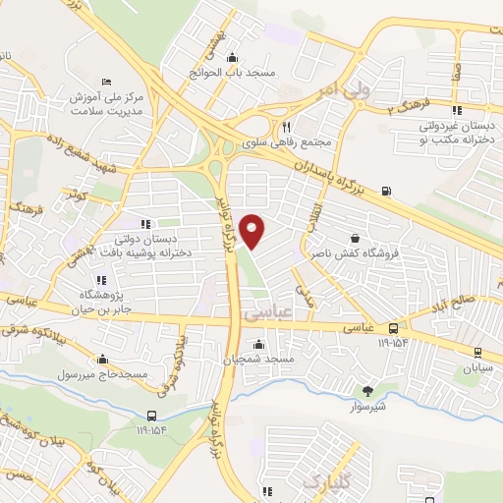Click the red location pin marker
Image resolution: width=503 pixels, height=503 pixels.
point(253,232)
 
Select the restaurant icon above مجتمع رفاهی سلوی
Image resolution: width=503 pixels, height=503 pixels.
point(286,126)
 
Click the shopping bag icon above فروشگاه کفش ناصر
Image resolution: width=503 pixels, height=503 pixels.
point(354,239)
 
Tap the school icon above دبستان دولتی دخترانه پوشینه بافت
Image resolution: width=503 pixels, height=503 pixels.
point(146,224)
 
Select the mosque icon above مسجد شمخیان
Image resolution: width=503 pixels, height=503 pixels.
point(258,344)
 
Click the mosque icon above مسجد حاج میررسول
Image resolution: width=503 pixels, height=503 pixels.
point(102,359)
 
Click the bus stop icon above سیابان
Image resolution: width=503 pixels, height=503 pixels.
point(477,352)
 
